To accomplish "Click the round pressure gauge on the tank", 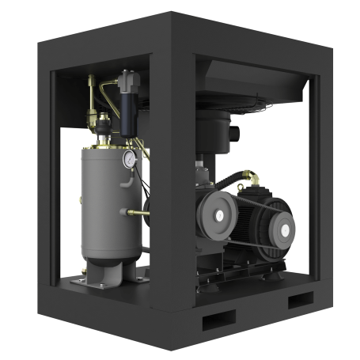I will pyautogui.click(x=127, y=159).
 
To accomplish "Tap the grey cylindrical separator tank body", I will pyautogui.click(x=108, y=206).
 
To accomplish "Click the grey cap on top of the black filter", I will pyautogui.click(x=128, y=77).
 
